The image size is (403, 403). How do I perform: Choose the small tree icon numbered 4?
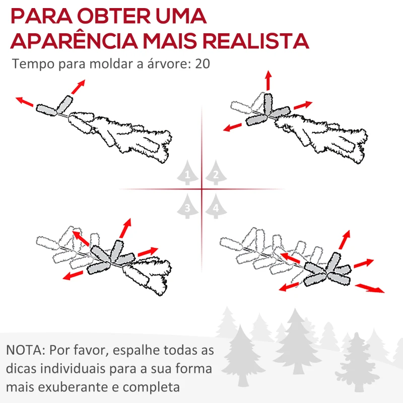pyautogui.click(x=216, y=207)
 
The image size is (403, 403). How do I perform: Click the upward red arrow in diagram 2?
pyautogui.click(x=268, y=81)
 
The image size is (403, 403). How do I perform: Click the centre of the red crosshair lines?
pyautogui.click(x=202, y=189)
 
